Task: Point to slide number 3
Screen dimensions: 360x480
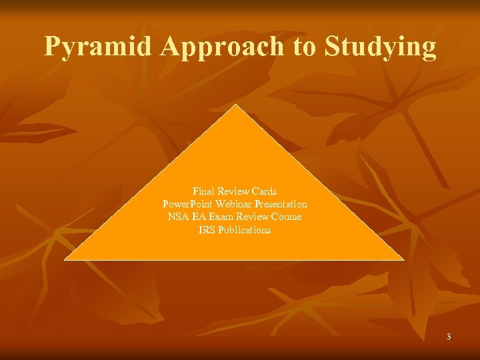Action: (x=449, y=337)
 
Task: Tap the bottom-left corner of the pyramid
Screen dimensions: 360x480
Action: (x=65, y=259)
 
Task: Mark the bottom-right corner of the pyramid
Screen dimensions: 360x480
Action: (x=404, y=259)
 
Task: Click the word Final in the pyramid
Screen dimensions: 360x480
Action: (x=203, y=191)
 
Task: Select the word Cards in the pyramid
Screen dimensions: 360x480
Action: (x=264, y=191)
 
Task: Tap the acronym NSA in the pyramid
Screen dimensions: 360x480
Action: (x=178, y=217)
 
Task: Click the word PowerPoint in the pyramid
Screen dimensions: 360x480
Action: (x=185, y=203)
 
